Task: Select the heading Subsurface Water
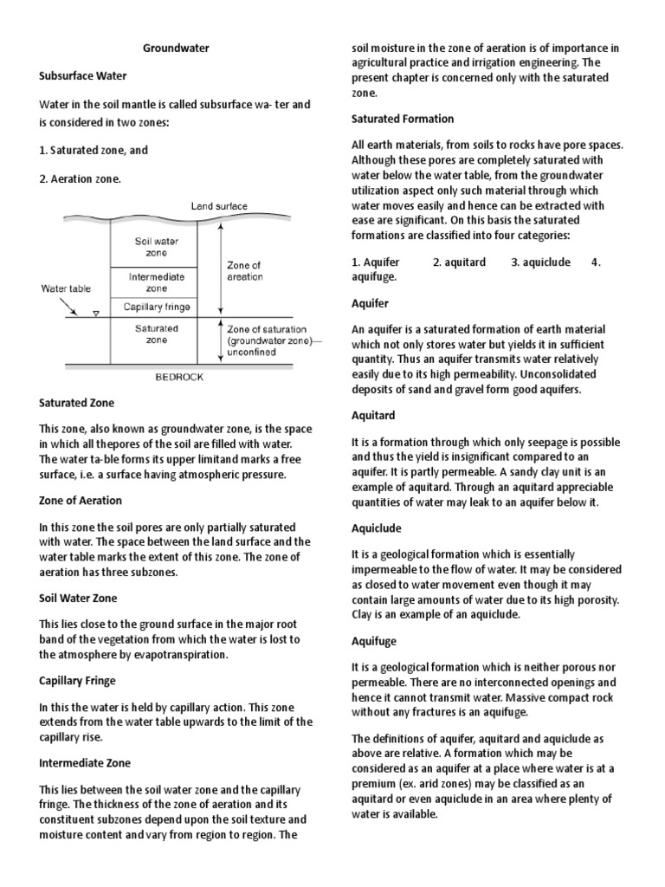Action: [83, 75]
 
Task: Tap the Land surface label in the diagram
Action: [219, 206]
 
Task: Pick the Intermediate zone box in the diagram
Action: [156, 282]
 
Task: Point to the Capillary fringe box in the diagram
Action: [157, 307]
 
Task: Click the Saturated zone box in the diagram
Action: [156, 334]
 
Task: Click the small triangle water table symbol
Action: [95, 314]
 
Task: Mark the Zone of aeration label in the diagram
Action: [244, 271]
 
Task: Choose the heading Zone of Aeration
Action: [81, 501]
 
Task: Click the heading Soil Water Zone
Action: [78, 598]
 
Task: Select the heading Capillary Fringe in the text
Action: [77, 681]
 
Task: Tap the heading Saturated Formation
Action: [403, 119]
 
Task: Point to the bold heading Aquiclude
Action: [377, 528]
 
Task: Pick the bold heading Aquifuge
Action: [376, 641]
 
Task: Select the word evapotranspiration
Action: [164, 655]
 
